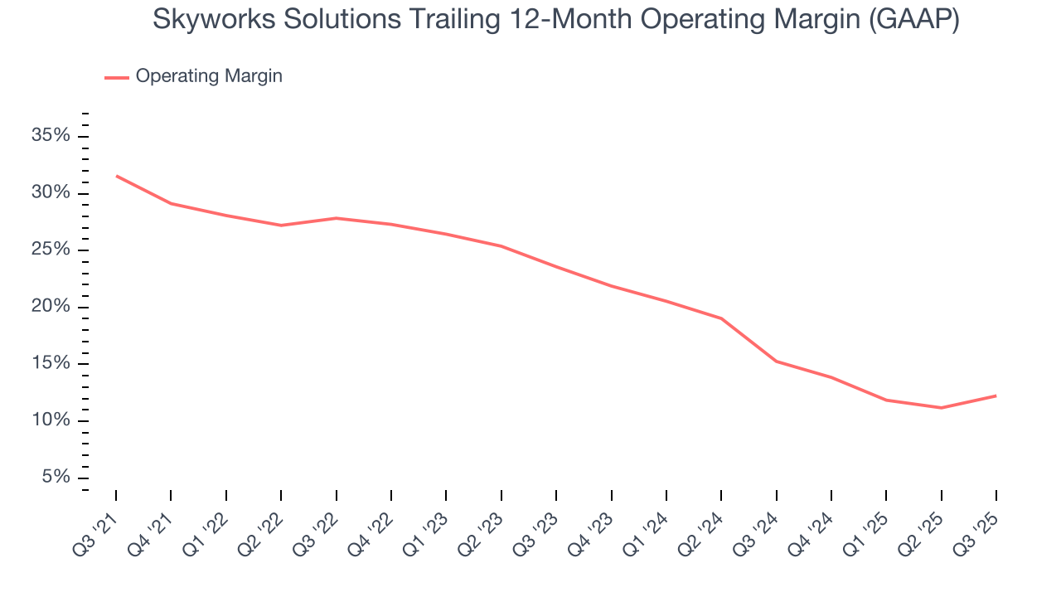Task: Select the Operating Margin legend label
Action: click(x=209, y=76)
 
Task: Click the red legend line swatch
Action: click(x=116, y=77)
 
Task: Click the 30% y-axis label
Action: click(x=51, y=193)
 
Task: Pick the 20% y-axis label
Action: click(x=51, y=307)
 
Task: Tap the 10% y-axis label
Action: click(x=51, y=420)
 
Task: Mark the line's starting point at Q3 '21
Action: click(x=116, y=176)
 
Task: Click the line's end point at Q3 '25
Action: click(x=996, y=396)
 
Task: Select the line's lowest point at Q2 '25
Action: click(x=941, y=408)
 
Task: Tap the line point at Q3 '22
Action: click(x=336, y=218)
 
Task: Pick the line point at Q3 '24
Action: click(x=776, y=362)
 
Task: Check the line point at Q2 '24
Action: click(x=721, y=318)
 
